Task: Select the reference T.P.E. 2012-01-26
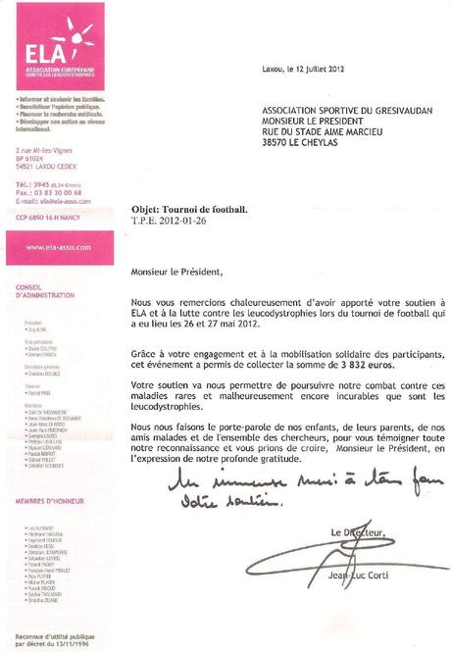click(x=169, y=223)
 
